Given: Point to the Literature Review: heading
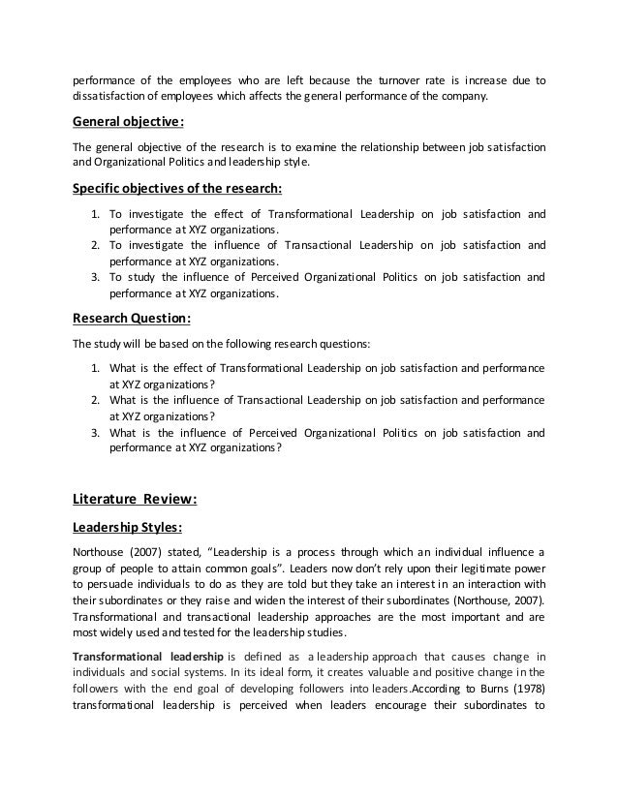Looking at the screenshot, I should [136, 500].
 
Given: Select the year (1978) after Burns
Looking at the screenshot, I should [521, 691].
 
